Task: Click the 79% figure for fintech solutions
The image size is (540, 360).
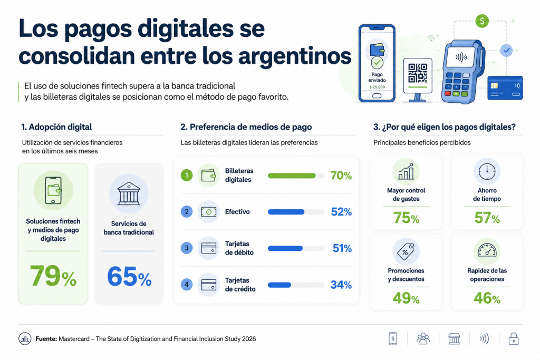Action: point(53,276)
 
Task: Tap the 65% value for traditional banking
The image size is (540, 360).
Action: point(129,277)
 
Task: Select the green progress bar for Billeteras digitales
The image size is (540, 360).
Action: point(292,176)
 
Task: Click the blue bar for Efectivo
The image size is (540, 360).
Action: point(286,212)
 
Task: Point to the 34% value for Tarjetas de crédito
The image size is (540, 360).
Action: point(341,285)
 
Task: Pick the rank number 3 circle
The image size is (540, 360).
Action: point(187,248)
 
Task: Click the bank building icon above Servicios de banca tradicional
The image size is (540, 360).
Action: point(129,193)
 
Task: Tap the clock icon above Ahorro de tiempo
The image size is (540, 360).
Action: point(487,171)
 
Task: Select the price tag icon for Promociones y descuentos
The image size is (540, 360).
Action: point(406,251)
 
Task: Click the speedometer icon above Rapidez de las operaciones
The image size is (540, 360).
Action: point(487,250)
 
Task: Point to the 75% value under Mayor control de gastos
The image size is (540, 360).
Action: point(406,218)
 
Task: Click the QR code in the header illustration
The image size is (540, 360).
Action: point(418,73)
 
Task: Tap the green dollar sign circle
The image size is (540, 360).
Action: point(482,21)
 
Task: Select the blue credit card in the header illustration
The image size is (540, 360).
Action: point(505,88)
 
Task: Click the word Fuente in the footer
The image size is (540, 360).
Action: point(46,339)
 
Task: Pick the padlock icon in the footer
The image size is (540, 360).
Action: point(514,339)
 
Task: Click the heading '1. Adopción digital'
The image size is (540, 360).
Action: point(56,127)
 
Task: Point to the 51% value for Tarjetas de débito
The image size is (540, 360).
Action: point(342,248)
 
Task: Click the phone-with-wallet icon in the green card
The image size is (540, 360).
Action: point(53,191)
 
